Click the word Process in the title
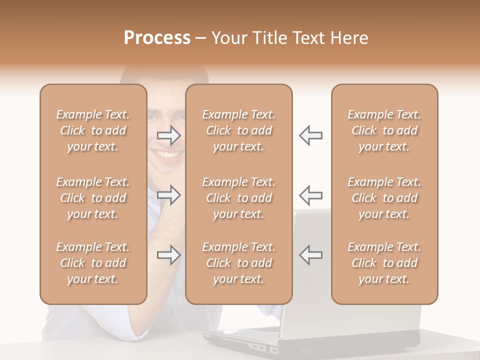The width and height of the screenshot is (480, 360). [x=157, y=38]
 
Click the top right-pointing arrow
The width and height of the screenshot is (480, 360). [x=169, y=135]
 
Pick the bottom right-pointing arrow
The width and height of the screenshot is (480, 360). [x=169, y=255]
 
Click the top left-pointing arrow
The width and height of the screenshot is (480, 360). [x=311, y=135]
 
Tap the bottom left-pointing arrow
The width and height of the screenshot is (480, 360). [x=311, y=255]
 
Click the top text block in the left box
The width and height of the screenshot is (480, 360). [x=93, y=130]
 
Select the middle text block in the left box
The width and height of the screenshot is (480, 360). [x=93, y=198]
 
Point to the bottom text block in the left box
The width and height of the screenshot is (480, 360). [x=93, y=263]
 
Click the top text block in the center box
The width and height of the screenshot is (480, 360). [x=239, y=130]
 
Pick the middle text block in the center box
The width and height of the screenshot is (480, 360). [x=239, y=198]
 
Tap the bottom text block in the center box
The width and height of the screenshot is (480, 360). [x=239, y=263]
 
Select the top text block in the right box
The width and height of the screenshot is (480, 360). [x=384, y=130]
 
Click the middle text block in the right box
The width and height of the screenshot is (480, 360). [x=384, y=198]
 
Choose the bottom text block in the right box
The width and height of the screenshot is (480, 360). [x=384, y=263]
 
